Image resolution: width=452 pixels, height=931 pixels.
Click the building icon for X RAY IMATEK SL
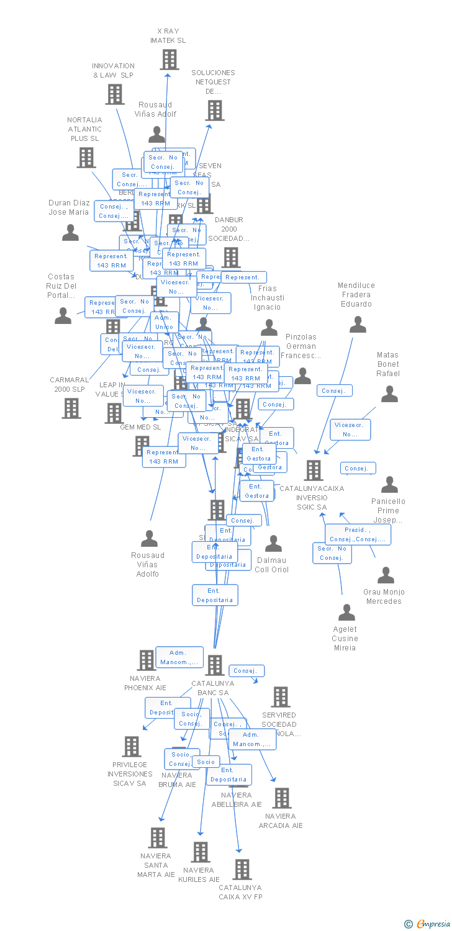(169, 60)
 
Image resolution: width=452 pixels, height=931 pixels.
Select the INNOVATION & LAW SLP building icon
(114, 94)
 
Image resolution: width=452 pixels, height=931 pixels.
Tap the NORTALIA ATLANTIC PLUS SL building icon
(86, 158)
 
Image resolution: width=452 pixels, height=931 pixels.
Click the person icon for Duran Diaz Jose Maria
(71, 233)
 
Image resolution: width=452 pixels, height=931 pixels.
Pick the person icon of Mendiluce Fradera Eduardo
(358, 325)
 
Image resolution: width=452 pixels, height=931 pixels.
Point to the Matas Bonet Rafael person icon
(389, 394)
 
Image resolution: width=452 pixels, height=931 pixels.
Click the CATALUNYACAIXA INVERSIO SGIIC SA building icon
(313, 470)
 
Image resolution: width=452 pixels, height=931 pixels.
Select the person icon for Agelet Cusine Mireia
(346, 613)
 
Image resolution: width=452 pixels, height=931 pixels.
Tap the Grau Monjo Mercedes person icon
(386, 575)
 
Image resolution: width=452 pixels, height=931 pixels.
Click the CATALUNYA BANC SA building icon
(214, 665)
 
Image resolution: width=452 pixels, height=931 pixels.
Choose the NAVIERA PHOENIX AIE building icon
(146, 660)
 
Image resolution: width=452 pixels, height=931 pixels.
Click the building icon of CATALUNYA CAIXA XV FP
(242, 870)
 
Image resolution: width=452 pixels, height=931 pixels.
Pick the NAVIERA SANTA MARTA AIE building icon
(158, 838)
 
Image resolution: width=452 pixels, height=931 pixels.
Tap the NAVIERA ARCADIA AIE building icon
(281, 798)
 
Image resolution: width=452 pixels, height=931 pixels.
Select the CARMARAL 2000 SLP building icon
(71, 408)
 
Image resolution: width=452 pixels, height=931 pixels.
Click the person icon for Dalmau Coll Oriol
(273, 544)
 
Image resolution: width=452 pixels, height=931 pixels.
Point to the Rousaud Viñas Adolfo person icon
(149, 538)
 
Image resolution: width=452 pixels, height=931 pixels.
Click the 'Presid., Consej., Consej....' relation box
(358, 534)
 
